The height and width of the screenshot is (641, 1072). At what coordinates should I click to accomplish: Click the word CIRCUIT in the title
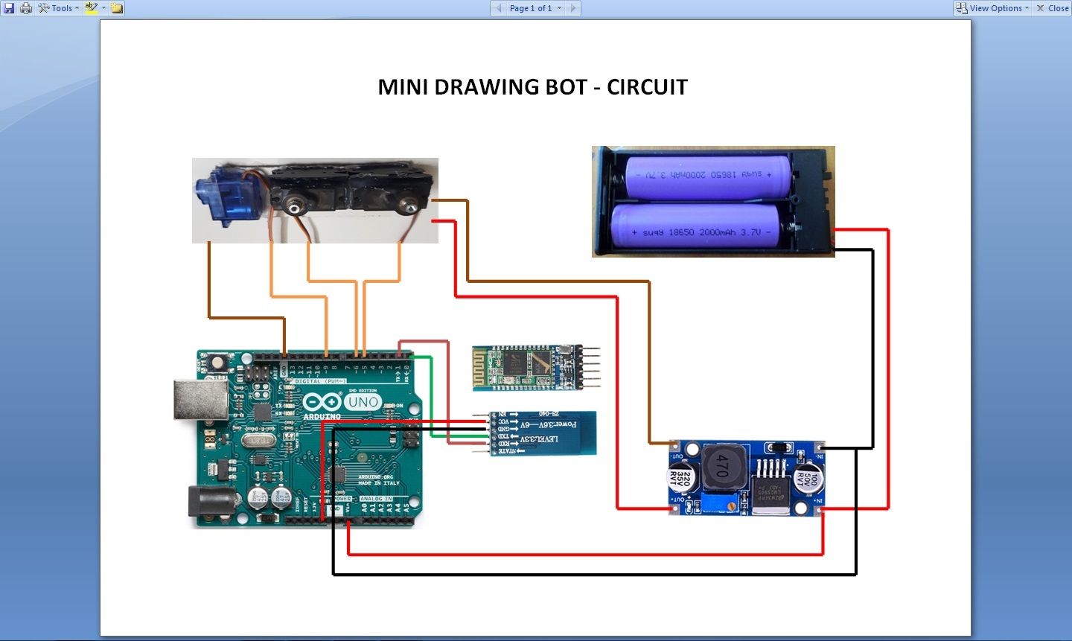(647, 87)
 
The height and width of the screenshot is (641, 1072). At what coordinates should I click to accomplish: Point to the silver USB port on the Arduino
(200, 399)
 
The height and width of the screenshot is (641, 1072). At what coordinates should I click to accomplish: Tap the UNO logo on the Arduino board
(363, 402)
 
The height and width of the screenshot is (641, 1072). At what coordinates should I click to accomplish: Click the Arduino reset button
(218, 363)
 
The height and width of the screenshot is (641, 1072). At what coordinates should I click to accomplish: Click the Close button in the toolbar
(1053, 8)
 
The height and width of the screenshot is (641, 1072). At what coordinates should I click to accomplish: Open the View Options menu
(993, 8)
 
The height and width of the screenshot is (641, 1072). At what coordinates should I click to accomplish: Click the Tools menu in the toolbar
(60, 8)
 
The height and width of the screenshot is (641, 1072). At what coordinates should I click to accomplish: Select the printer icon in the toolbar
(26, 8)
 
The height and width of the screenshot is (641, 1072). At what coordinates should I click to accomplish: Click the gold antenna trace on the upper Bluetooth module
(480, 367)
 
